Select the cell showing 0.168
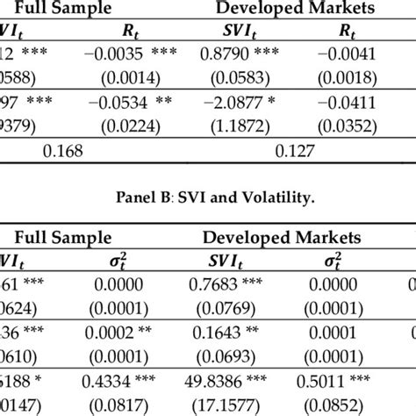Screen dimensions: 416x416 point(64,149)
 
